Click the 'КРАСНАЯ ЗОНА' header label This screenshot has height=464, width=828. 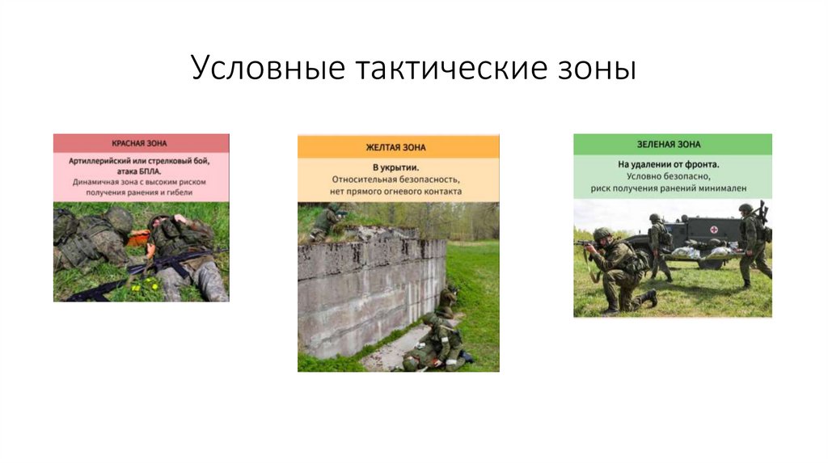[x=141, y=143]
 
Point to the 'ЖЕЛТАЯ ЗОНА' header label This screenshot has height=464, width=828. [x=398, y=147]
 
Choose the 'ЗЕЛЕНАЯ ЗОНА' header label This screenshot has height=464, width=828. [x=672, y=145]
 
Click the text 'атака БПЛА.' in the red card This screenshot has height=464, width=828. [x=141, y=171]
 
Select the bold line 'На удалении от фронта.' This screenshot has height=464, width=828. [x=672, y=164]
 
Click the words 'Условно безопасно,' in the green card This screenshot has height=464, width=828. [x=672, y=176]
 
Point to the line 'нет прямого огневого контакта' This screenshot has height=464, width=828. [x=398, y=192]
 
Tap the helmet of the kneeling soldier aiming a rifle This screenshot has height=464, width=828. [x=602, y=234]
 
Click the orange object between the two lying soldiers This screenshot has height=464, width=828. [x=139, y=238]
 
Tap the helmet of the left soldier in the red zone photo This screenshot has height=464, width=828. [x=120, y=219]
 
